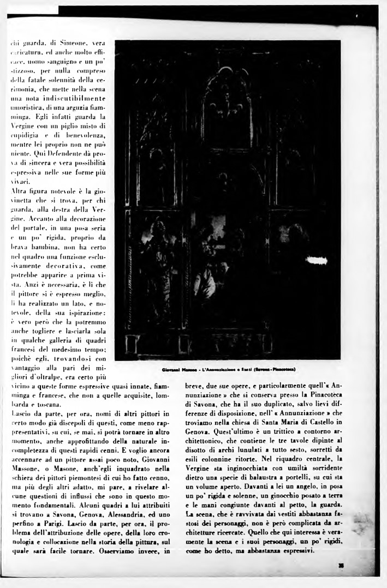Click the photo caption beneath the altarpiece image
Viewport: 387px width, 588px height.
(x=229, y=369)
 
